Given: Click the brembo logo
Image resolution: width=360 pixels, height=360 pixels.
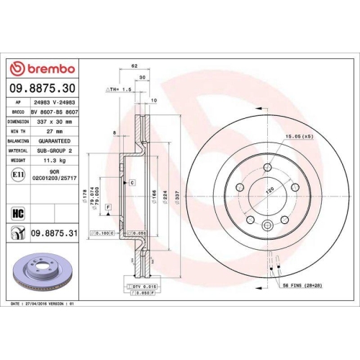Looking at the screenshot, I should tap(41, 69).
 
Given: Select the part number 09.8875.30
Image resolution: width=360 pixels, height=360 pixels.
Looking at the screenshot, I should tap(41, 90).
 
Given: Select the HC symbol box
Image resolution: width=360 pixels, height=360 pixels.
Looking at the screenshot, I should tap(18, 212).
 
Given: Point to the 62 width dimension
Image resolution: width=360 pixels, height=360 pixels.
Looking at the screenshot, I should tap(135, 66).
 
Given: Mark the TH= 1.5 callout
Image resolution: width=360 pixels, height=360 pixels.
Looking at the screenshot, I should tap(119, 89).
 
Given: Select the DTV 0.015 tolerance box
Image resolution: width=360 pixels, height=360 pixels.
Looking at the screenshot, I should tap(144, 287).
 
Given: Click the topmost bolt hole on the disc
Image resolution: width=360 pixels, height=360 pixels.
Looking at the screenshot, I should tap(266, 168).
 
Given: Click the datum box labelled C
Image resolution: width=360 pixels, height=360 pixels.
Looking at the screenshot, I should tap(132, 184).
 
